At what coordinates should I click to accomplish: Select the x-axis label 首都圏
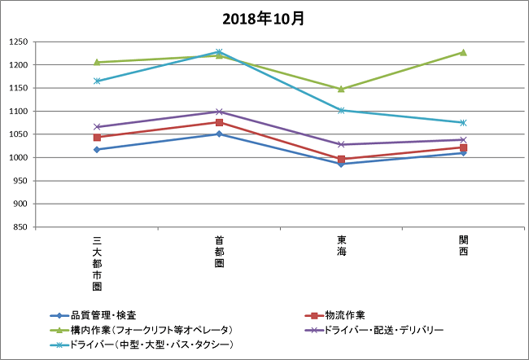click(219, 252)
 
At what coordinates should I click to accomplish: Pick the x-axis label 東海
click(341, 246)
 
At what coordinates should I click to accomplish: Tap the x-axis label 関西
click(463, 246)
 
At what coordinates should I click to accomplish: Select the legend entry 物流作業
click(344, 315)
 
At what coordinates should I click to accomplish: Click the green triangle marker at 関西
click(463, 52)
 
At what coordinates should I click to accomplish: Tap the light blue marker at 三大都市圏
click(97, 81)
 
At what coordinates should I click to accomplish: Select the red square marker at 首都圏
click(219, 122)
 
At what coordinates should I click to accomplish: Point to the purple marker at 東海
click(341, 144)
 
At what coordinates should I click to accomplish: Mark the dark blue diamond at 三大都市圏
click(97, 149)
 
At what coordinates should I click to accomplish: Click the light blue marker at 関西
click(463, 122)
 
